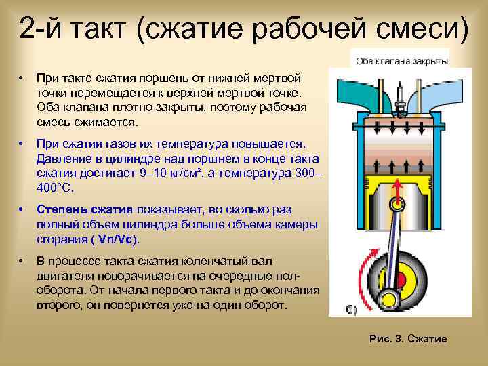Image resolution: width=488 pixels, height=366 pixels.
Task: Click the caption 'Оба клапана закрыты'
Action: [402, 60]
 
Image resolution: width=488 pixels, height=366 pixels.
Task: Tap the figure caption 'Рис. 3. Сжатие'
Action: [408, 338]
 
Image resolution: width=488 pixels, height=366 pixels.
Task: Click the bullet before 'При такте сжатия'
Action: [22, 77]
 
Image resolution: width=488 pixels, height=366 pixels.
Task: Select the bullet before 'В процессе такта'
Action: [22, 261]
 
